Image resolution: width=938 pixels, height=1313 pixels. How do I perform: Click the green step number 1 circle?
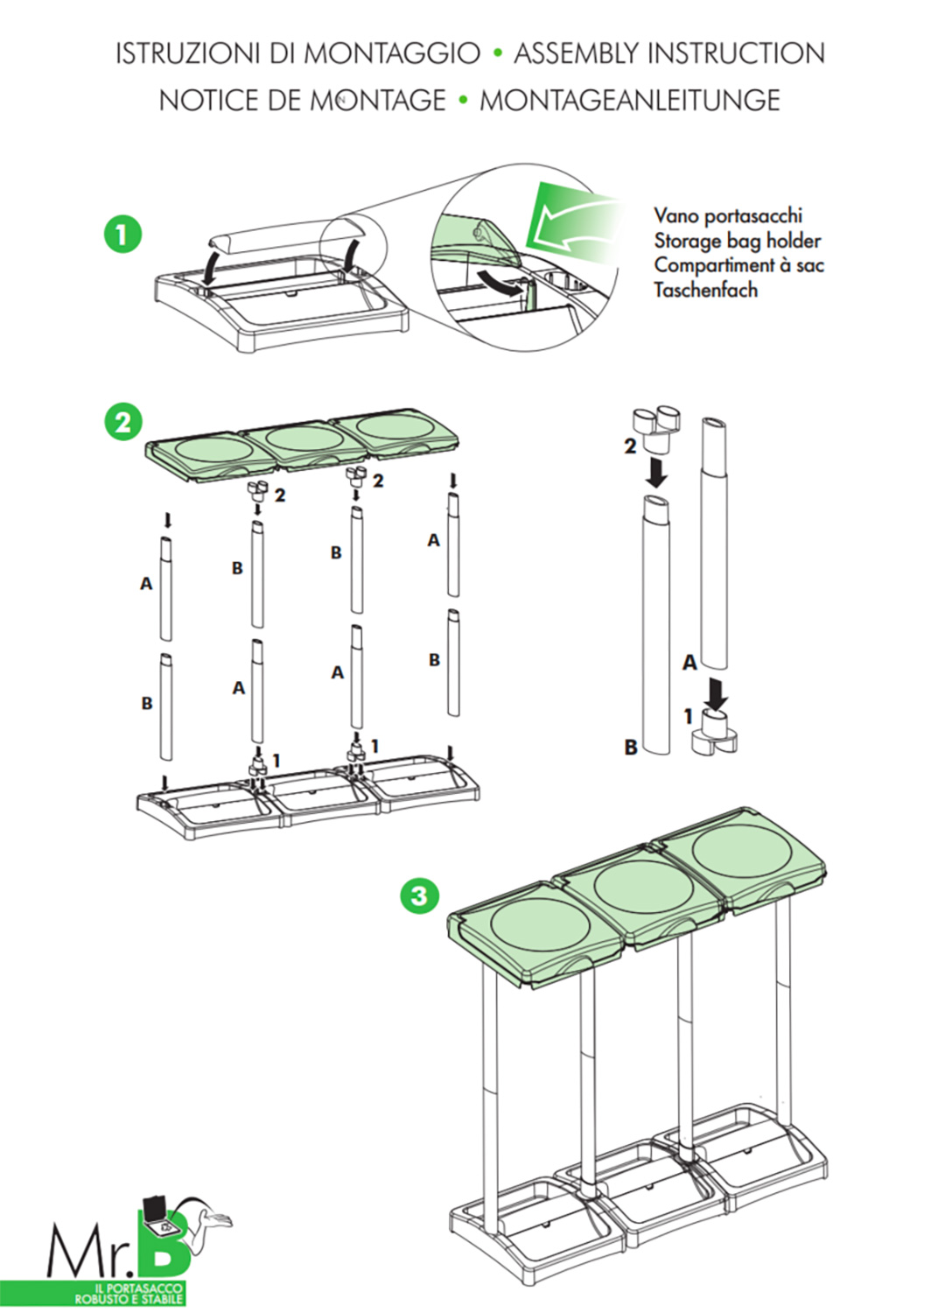click(x=122, y=235)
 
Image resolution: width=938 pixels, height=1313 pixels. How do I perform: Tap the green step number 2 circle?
click(x=122, y=422)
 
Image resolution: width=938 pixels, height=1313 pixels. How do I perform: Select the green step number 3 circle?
click(x=419, y=895)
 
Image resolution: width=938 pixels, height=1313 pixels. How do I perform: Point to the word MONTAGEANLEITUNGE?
click(x=629, y=101)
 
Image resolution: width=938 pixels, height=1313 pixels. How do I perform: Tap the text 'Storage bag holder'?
click(x=737, y=241)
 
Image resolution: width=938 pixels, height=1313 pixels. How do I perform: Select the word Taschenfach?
click(x=705, y=290)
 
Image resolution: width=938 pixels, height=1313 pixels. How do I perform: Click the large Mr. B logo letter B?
click(x=164, y=1243)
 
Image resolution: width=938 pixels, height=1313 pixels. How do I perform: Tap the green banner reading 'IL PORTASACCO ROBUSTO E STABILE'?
click(x=129, y=1294)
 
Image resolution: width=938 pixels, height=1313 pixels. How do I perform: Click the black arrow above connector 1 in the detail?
click(x=717, y=692)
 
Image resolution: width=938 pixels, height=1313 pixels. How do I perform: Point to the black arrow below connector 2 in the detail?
click(x=656, y=473)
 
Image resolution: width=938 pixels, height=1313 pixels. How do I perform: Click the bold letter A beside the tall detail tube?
click(x=689, y=663)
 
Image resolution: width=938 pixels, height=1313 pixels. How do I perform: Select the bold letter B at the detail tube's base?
click(x=631, y=748)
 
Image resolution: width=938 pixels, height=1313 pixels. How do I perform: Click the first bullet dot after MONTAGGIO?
click(x=498, y=53)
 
